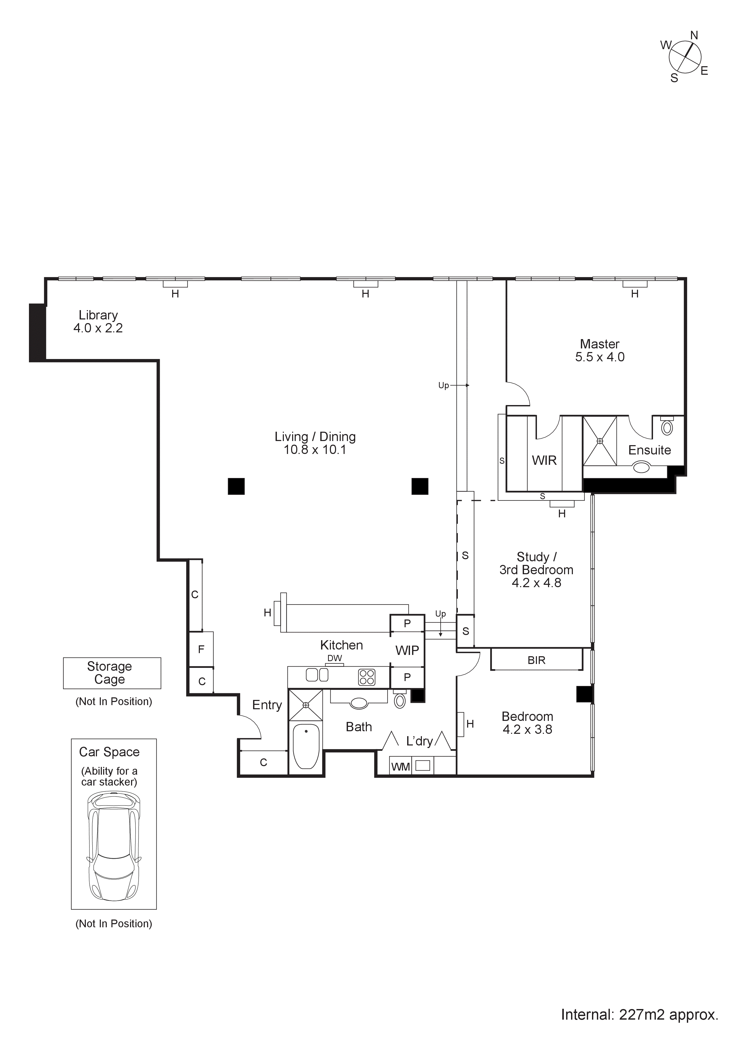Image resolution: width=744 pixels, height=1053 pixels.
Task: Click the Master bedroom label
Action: point(599,344)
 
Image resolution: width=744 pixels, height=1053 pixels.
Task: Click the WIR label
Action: point(544,460)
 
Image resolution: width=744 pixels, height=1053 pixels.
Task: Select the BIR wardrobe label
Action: point(536,660)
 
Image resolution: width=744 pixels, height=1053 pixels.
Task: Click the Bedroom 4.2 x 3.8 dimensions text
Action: point(527,730)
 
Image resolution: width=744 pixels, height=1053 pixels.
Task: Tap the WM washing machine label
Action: point(401,767)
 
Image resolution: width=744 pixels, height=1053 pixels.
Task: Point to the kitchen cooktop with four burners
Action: point(367,677)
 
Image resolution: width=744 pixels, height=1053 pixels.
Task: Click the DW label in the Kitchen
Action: point(335,658)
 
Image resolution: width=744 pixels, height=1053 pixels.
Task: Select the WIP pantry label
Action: point(407,650)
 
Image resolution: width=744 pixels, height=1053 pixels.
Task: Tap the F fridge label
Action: point(201,649)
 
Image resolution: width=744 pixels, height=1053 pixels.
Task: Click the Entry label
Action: point(267,705)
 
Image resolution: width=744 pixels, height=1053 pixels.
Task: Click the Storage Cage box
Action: point(112,673)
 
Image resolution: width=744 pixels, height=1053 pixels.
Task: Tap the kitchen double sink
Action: point(317,675)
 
